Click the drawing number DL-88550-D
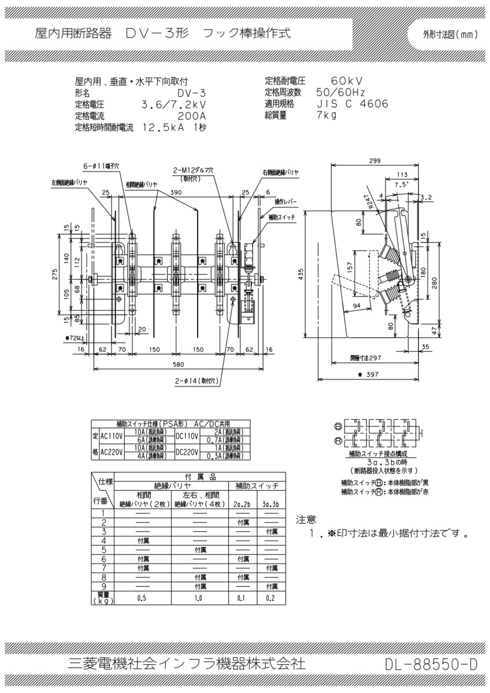point(431,665)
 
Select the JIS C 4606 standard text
point(352,104)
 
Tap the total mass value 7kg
point(326,115)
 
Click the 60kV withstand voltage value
point(347,81)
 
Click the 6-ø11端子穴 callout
point(101,166)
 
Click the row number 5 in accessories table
point(103,549)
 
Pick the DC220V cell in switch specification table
point(187,453)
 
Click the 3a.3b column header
point(270,504)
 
